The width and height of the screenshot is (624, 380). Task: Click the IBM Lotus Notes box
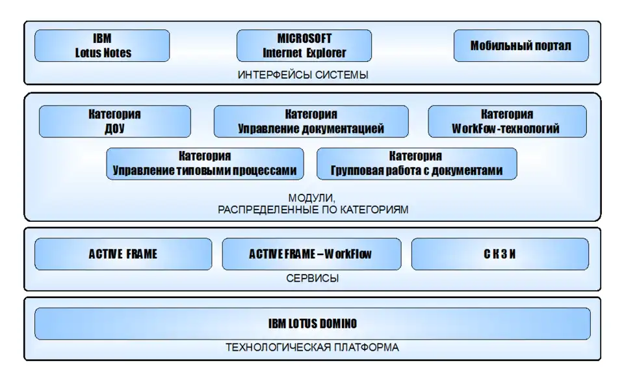[x=102, y=46]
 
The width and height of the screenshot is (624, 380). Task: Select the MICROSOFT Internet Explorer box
[x=304, y=46]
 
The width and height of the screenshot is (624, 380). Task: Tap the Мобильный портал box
[x=521, y=46]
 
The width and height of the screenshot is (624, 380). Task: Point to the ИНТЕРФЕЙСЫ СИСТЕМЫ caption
[x=303, y=75]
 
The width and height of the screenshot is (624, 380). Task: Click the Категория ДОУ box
[x=114, y=122]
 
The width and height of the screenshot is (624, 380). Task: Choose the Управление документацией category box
[x=311, y=122]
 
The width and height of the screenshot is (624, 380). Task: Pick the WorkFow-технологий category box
[x=506, y=122]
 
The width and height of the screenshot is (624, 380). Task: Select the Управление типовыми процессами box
[x=205, y=164]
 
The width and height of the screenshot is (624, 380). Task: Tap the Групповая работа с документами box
[x=416, y=164]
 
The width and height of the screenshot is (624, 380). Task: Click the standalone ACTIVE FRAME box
[x=123, y=254]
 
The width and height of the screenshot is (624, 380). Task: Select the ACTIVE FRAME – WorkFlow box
[x=310, y=254]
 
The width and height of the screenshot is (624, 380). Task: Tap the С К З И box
[x=500, y=254]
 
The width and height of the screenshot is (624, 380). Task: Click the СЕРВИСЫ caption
[x=312, y=278]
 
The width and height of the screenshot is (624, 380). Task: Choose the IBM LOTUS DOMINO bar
[x=312, y=323]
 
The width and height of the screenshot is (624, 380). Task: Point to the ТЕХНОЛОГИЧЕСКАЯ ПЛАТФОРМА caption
[x=312, y=347]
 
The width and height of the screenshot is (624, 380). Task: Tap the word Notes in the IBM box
[x=117, y=53]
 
